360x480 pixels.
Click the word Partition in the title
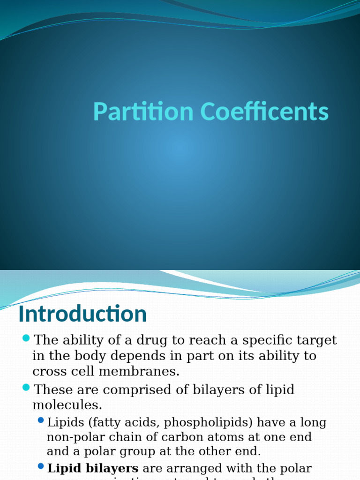pos(143,112)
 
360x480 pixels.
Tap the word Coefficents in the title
pos(265,112)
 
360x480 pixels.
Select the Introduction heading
pos(82,314)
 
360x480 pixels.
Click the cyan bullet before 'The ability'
pos(26,338)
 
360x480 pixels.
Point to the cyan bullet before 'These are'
pos(26,388)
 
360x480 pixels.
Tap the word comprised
pos(134,390)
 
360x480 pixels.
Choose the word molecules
pos(67,405)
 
